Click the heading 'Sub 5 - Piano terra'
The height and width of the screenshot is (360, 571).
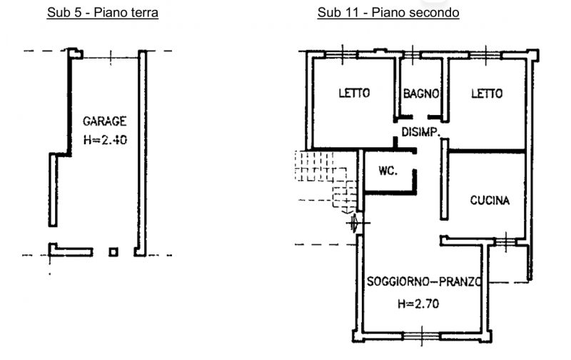pyautogui.click(x=103, y=12)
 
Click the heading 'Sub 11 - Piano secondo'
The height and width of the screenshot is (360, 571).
pyautogui.click(x=388, y=12)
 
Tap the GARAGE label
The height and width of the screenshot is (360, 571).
pyautogui.click(x=104, y=121)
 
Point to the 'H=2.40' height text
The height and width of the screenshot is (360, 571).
pyautogui.click(x=105, y=139)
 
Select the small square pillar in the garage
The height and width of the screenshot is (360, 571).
pyautogui.click(x=113, y=251)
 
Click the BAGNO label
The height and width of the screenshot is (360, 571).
pyautogui.click(x=421, y=94)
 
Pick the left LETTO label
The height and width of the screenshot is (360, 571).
pyautogui.click(x=354, y=93)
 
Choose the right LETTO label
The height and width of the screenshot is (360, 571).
pyautogui.click(x=487, y=94)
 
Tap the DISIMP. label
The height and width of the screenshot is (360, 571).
pyautogui.click(x=420, y=131)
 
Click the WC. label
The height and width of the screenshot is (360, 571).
pyautogui.click(x=388, y=170)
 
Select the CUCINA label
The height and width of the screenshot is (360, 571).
pyautogui.click(x=490, y=200)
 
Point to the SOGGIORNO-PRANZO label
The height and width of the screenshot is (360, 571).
pyautogui.click(x=424, y=281)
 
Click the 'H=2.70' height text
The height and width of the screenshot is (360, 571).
pyautogui.click(x=418, y=304)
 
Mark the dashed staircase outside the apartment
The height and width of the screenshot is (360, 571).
pyautogui.click(x=326, y=179)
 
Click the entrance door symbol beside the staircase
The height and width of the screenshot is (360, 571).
pyautogui.click(x=358, y=223)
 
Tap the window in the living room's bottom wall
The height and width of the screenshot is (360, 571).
pyautogui.click(x=422, y=336)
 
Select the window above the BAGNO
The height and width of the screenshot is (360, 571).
pyautogui.click(x=413, y=55)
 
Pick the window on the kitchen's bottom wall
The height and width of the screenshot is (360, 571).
pyautogui.click(x=505, y=241)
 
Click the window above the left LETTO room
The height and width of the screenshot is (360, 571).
pyautogui.click(x=342, y=55)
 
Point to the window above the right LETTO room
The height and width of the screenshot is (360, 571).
pyautogui.click(x=486, y=55)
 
